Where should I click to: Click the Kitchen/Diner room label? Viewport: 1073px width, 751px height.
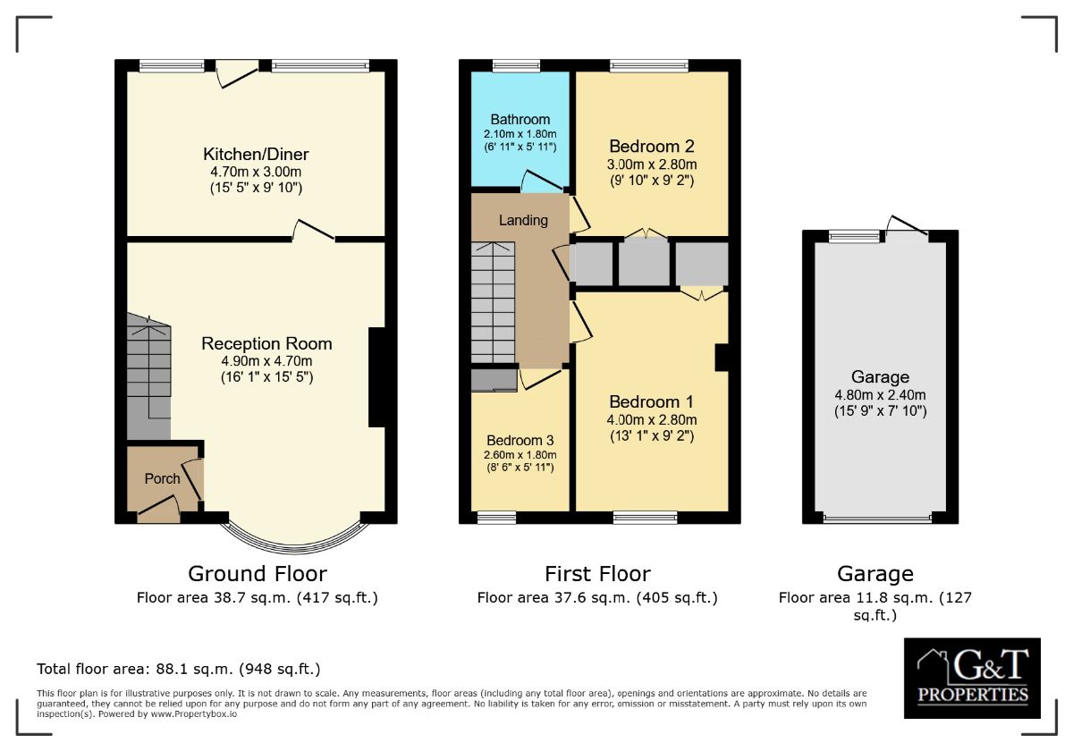(256, 154)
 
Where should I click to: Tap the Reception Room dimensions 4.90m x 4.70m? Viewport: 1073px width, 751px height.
(266, 361)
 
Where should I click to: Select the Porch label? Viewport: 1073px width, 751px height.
(162, 478)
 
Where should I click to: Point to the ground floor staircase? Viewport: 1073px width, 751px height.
(148, 375)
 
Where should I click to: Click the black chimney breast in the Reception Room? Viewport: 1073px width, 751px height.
(376, 377)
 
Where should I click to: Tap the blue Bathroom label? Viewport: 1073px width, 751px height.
(520, 120)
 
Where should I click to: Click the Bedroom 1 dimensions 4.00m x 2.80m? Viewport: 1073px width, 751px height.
(652, 419)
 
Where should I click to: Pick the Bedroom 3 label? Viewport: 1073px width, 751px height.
(520, 441)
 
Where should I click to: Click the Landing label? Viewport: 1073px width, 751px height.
(523, 220)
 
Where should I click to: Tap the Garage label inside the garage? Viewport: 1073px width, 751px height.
(880, 377)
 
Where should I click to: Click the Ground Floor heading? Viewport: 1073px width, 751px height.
(257, 573)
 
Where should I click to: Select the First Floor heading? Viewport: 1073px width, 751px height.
(597, 573)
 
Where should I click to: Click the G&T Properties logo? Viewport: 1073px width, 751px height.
(972, 678)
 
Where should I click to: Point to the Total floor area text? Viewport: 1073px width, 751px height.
(178, 669)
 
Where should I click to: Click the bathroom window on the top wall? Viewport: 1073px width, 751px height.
(510, 65)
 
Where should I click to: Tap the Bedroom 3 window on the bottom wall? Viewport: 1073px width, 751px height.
(496, 517)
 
